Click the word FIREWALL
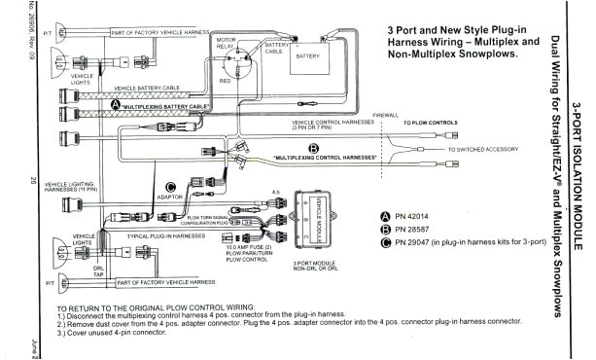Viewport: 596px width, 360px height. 386,114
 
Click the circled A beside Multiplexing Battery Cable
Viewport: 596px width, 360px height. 117,104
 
